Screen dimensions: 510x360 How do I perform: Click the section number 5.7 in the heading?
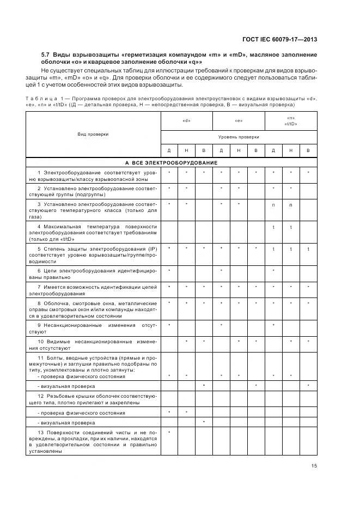tap(46, 55)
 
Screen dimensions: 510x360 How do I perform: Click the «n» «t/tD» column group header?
tap(290, 122)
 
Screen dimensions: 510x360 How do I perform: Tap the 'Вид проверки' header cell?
tap(93, 134)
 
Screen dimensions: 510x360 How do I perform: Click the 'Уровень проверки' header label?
tap(239, 137)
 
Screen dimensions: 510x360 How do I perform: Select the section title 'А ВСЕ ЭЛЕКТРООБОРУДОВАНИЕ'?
tap(171, 162)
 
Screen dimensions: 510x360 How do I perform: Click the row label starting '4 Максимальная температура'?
tap(93, 232)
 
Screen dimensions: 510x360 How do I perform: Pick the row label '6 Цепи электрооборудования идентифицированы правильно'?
tap(93, 273)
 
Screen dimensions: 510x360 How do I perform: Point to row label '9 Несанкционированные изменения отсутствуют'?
tap(93, 328)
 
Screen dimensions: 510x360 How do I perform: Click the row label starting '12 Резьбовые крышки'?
tap(93, 398)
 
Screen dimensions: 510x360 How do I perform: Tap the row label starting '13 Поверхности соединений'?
tap(93, 441)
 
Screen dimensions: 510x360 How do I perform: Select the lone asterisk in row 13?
tap(169, 432)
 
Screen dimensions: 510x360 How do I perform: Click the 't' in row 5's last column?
tap(308, 248)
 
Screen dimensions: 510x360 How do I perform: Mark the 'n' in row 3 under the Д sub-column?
tap(273, 205)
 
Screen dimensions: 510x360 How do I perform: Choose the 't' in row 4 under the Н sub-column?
tap(291, 227)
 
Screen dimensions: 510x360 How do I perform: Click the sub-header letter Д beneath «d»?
tap(169, 150)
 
